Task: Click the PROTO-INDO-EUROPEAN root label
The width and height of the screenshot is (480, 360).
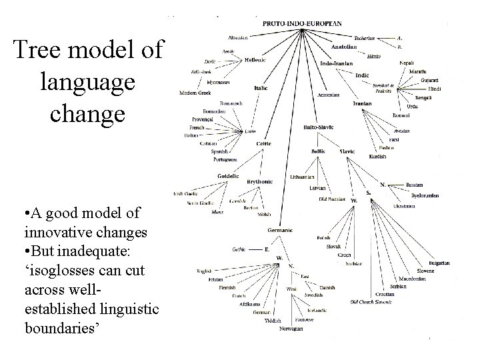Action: (x=302, y=23)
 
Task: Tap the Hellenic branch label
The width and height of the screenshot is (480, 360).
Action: (x=255, y=60)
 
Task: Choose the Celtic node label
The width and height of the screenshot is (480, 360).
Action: (x=264, y=143)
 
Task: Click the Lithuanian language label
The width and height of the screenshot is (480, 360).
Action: (x=303, y=177)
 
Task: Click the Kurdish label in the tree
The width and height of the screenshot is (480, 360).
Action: (x=377, y=156)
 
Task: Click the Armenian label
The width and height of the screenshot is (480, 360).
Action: (x=329, y=94)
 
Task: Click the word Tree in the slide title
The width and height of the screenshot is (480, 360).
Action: (x=41, y=51)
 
